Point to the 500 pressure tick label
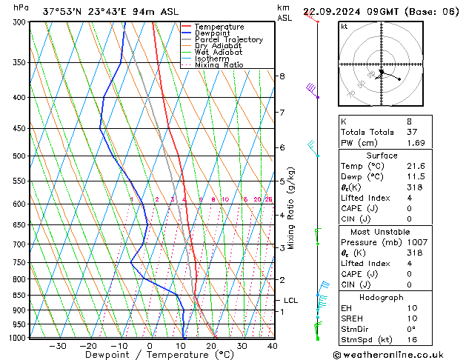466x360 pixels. (x=20, y=156)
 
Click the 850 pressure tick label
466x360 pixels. (x=20, y=296)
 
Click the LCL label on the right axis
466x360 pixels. (x=290, y=301)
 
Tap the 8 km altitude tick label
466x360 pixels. (x=282, y=76)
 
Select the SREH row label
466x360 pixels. (x=352, y=319)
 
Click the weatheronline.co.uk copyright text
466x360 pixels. (x=395, y=355)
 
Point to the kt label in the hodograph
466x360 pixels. (x=344, y=27)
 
